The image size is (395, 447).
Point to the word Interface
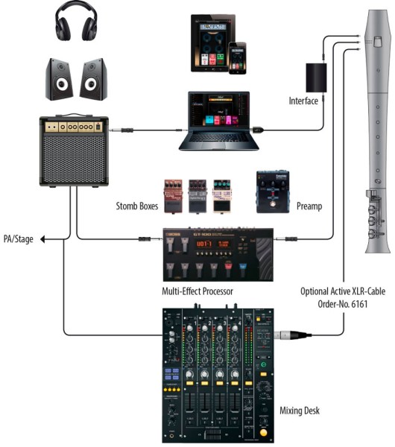coord(303,101)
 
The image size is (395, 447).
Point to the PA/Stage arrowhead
coord(43,239)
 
